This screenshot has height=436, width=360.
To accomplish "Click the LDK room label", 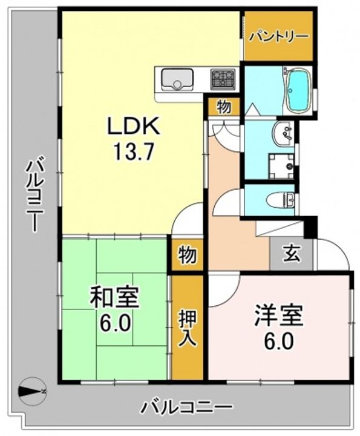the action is point(134,126).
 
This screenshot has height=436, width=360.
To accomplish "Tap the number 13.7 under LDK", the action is point(133,152).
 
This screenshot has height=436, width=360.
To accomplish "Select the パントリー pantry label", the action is point(278,37).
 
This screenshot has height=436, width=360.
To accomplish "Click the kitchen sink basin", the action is point(177,79).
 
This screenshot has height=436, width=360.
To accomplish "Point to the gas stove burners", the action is point(223,79).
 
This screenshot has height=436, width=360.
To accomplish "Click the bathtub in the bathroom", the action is point(298,90).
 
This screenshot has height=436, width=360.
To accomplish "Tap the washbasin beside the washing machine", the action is point(283,133).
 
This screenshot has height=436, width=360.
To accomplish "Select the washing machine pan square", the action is point(281,166).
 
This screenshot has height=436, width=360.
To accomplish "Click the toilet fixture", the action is point(281,200).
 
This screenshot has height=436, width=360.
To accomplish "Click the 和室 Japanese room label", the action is point(114,298).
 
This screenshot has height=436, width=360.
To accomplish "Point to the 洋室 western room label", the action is point(278,315).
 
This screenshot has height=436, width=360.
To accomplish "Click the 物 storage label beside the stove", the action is point(224,107).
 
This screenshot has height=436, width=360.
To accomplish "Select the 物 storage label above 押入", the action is point(188,255).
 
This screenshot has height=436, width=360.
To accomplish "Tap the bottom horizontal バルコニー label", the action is point(187,408).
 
